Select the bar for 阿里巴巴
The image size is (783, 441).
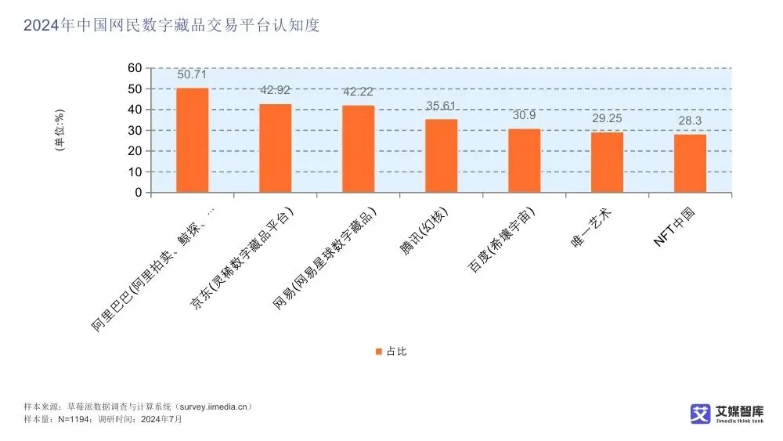(192, 140)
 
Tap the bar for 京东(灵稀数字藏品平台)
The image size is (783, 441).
(275, 148)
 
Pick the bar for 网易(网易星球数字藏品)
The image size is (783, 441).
(358, 149)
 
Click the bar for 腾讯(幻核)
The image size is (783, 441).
(441, 156)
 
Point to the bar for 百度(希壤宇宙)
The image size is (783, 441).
(524, 161)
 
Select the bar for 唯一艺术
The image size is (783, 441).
(607, 162)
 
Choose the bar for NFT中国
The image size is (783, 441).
(690, 163)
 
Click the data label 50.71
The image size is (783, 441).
(192, 75)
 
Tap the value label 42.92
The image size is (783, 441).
(275, 91)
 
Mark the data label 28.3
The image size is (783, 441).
(690, 121)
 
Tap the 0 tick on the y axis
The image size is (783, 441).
(138, 192)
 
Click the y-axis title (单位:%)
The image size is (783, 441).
(60, 130)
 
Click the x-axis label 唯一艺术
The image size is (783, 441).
(593, 226)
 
